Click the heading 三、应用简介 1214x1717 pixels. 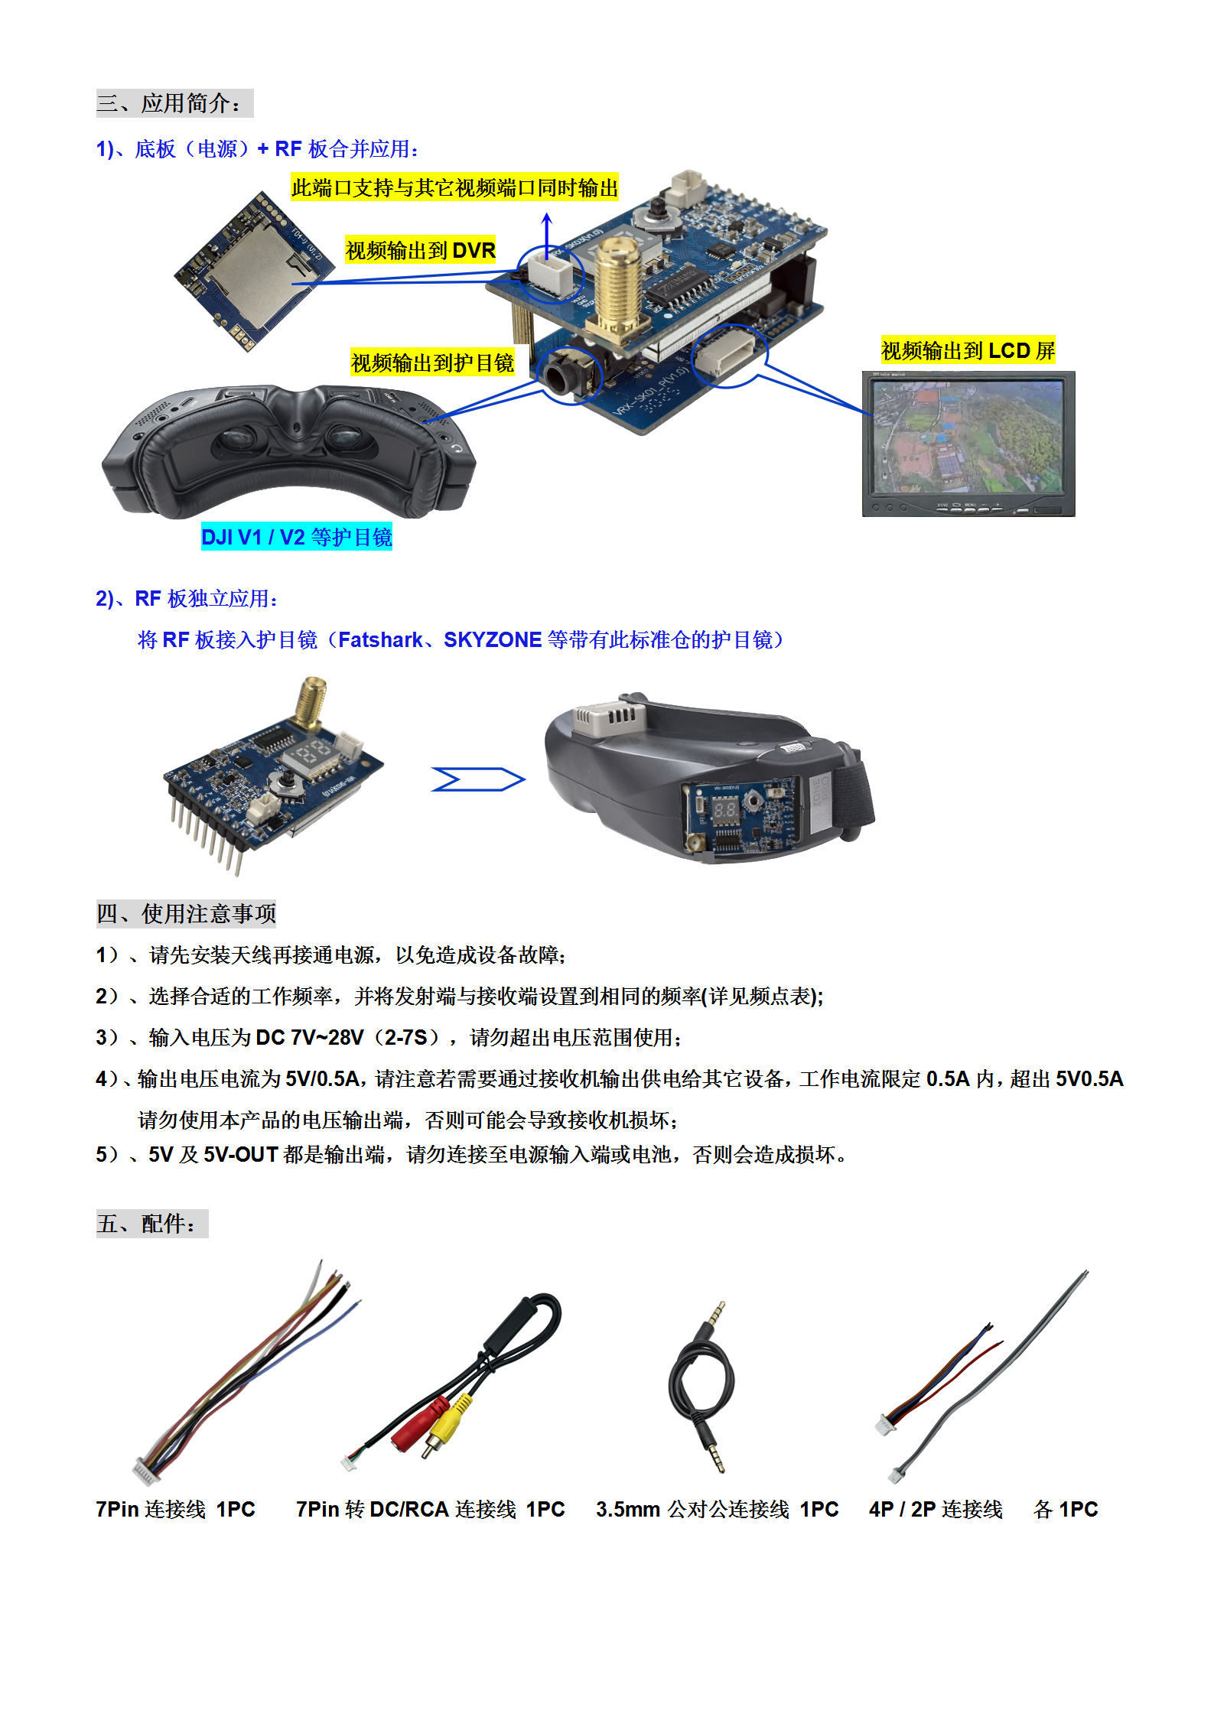[x=174, y=103]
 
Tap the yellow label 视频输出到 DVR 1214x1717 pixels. [x=421, y=250]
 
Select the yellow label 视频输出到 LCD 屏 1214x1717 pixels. [x=968, y=350]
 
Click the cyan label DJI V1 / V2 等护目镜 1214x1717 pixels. [x=296, y=537]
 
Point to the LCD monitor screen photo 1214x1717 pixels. [x=968, y=444]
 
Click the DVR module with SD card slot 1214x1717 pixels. [x=254, y=271]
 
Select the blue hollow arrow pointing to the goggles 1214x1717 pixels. [x=478, y=779]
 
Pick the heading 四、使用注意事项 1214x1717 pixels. [x=186, y=913]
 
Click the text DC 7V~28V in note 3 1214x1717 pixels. [x=310, y=1037]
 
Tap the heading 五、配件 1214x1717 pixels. [x=152, y=1224]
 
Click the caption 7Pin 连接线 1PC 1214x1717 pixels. [x=175, y=1509]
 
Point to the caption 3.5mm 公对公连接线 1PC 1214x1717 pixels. [x=718, y=1509]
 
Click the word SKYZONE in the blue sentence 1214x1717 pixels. [x=493, y=639]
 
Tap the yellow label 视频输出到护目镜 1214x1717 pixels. [x=432, y=362]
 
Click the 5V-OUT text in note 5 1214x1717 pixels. [x=240, y=1154]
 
